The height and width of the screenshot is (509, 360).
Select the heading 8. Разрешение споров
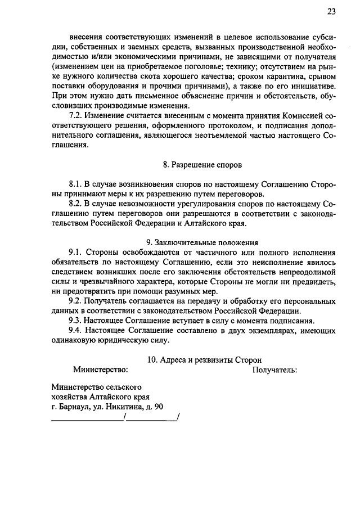click(x=202, y=165)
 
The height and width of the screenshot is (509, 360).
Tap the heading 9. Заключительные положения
click(x=202, y=242)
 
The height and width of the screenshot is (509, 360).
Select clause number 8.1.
click(x=76, y=184)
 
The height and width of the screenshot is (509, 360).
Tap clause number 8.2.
click(x=76, y=203)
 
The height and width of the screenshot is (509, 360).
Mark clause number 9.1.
click(x=76, y=252)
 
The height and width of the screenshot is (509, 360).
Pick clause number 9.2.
click(x=76, y=301)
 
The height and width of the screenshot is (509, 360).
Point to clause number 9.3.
click(x=76, y=320)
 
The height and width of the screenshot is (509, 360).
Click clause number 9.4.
click(x=76, y=330)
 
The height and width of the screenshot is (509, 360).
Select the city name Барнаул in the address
click(x=73, y=407)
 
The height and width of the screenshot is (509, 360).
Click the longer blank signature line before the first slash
click(x=88, y=418)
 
